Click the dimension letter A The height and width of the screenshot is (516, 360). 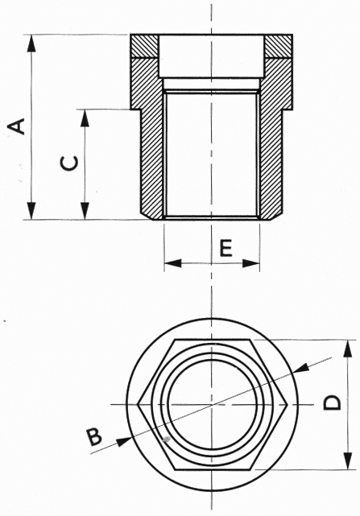click(17, 126)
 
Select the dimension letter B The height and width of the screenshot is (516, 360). click(95, 437)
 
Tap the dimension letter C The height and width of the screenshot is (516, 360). click(70, 163)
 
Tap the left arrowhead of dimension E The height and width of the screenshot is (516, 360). click(169, 262)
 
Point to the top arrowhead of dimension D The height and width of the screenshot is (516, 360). click(347, 345)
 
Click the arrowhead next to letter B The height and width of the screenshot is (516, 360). click(123, 440)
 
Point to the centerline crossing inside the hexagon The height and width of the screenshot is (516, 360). click(212, 403)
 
